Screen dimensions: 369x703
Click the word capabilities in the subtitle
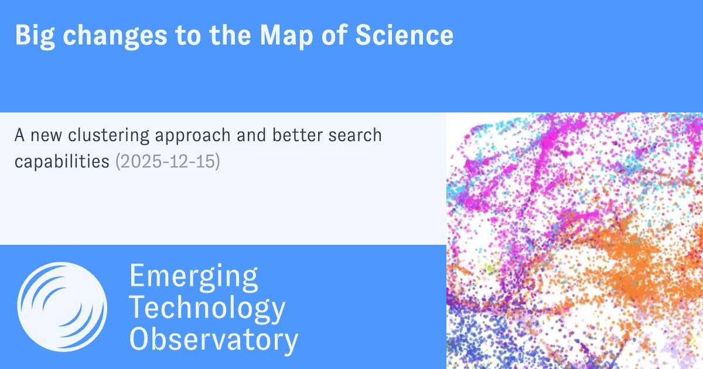[62, 161]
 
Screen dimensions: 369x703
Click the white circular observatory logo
[62, 306]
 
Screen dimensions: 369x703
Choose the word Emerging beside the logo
[193, 276]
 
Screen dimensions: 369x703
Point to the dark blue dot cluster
[475, 340]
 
